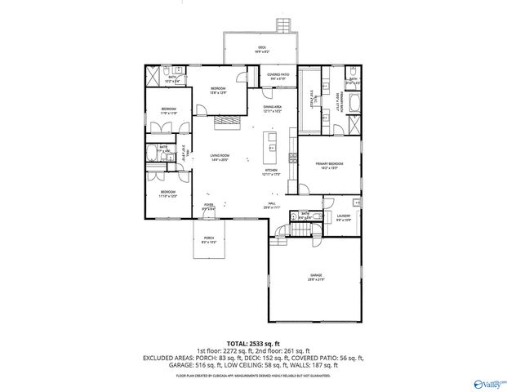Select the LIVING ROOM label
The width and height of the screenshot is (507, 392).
(x=219, y=157)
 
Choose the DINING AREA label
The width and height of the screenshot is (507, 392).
(x=272, y=109)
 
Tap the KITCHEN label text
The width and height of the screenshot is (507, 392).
(x=271, y=172)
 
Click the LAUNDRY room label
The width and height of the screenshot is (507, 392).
(x=343, y=217)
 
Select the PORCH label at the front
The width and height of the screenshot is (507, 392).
(x=209, y=240)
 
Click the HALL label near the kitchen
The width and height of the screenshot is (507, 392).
(x=271, y=206)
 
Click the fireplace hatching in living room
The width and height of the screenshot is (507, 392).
(x=226, y=122)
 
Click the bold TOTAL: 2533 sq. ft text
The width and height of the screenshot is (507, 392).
(x=253, y=344)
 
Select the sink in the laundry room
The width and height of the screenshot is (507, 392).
(x=357, y=201)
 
